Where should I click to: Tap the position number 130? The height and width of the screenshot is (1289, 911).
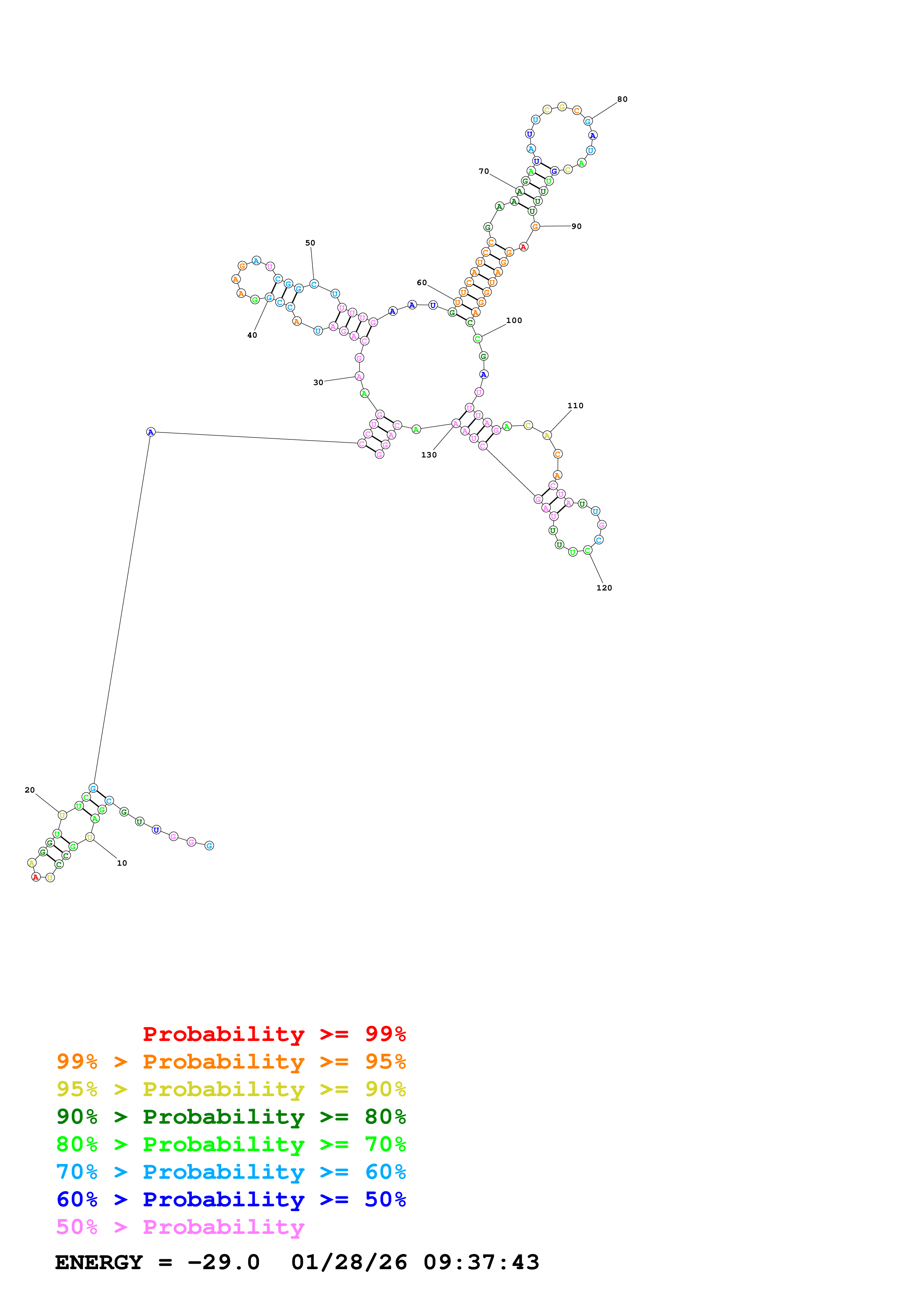point(429,455)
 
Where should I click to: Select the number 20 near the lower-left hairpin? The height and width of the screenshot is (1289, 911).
point(30,790)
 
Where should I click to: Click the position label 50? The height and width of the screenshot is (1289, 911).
point(311,243)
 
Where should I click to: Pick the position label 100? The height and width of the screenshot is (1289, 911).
point(514,320)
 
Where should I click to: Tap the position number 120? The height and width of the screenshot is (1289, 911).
point(604,588)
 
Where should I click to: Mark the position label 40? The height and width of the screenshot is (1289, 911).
point(252,335)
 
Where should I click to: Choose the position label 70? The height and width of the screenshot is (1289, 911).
point(484,171)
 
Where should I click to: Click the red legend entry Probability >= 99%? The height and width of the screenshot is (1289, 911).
point(274,1034)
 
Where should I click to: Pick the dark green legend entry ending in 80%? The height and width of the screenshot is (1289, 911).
point(231,1117)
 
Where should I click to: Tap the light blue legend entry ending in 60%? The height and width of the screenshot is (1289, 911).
point(231,1172)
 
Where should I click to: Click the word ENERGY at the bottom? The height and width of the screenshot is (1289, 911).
point(99,1263)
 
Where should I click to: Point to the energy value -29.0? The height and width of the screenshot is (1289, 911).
point(223,1263)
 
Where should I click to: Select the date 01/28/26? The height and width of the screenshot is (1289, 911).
point(349,1263)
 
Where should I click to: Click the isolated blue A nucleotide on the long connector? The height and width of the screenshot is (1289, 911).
point(150,432)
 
